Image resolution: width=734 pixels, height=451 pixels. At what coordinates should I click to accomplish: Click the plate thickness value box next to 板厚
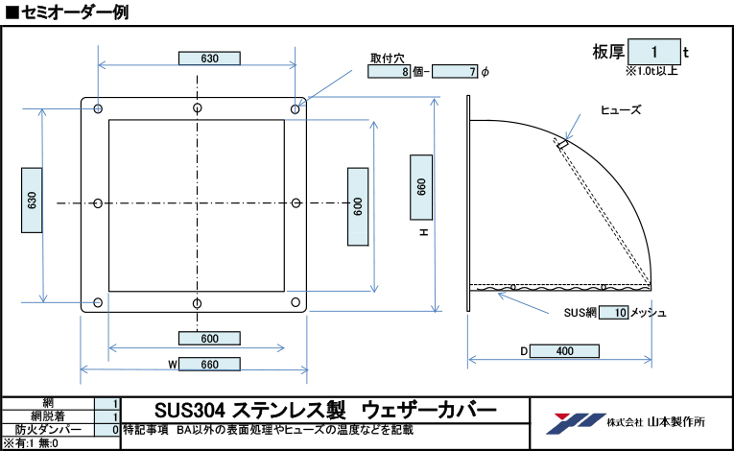[654, 51]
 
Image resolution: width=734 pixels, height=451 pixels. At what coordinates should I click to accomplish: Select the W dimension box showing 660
[210, 365]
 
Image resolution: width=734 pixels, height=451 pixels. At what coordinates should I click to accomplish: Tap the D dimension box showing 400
[564, 351]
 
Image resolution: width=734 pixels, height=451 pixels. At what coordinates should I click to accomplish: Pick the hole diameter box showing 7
[456, 72]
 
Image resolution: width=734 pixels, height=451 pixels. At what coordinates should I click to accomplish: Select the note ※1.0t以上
[651, 70]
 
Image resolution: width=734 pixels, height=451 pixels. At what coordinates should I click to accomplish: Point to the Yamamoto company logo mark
[570, 421]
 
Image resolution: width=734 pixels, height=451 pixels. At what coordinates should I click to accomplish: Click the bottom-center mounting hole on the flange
[197, 304]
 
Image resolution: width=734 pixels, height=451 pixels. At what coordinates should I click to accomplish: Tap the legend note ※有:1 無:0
[31, 443]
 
